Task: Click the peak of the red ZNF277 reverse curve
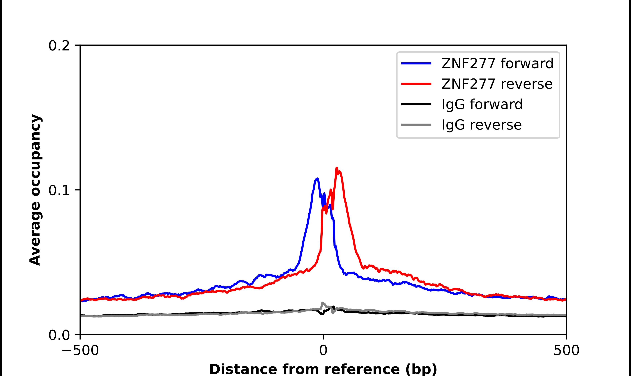click(337, 168)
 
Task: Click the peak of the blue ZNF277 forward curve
click(317, 179)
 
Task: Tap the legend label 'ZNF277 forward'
click(497, 63)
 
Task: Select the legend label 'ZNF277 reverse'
click(497, 84)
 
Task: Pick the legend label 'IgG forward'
click(482, 104)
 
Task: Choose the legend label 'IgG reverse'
click(482, 125)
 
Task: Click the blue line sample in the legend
click(416, 63)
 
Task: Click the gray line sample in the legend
click(416, 125)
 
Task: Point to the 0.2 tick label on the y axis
click(59, 46)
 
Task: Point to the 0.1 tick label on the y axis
click(59, 191)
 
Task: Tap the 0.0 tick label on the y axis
click(59, 335)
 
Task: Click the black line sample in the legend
click(416, 104)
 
